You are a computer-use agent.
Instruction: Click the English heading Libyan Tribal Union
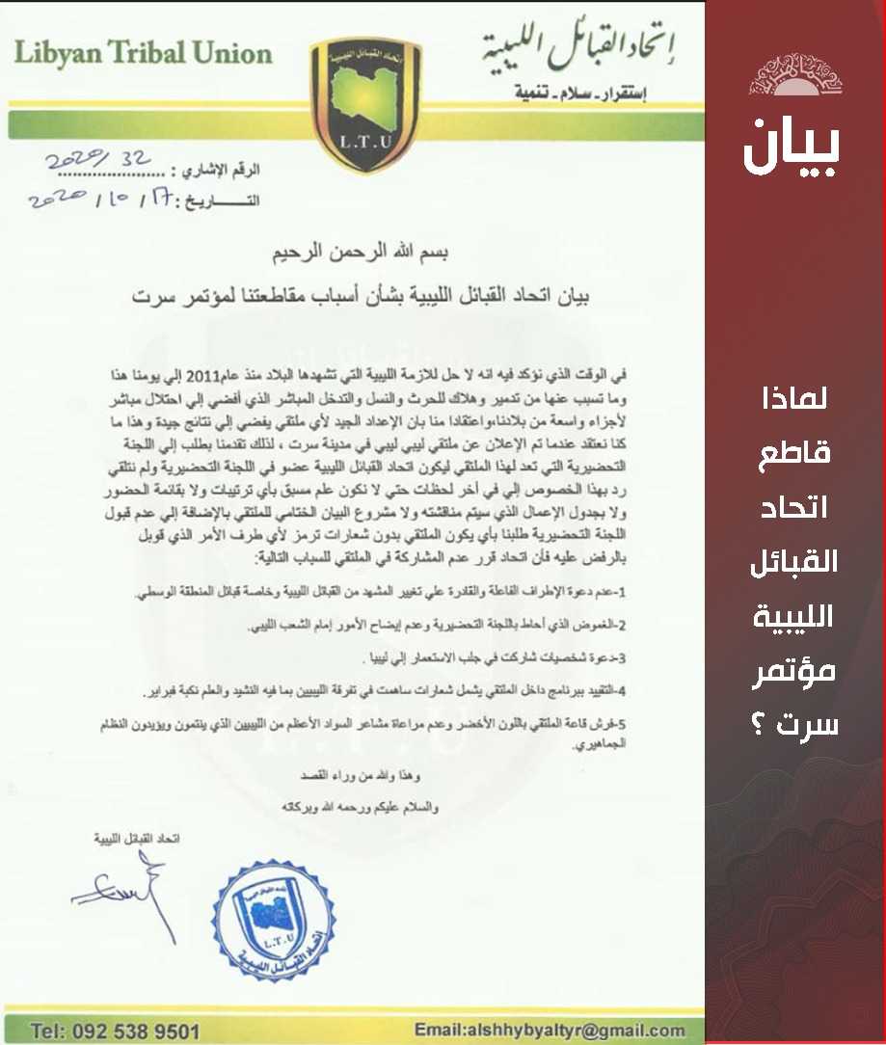(143, 54)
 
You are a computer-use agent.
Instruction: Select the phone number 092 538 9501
(115, 1031)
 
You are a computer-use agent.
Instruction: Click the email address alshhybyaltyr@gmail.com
(550, 1030)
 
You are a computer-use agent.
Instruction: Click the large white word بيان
(792, 146)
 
